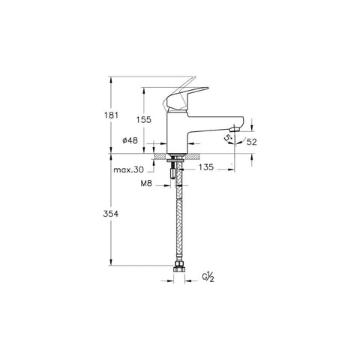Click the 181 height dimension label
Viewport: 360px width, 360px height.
coord(111,115)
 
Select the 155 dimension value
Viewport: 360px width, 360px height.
coord(144,120)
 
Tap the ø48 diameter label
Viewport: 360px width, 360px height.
coord(130,140)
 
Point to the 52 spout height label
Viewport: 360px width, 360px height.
coord(251,142)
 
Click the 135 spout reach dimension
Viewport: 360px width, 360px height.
coord(206,166)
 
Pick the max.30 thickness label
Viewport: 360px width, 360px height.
coord(129,169)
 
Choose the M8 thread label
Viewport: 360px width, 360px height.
coord(146,184)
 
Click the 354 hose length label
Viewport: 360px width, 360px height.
coord(111,214)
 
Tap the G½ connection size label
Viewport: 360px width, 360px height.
coord(208,277)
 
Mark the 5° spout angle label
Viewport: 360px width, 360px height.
coord(228,138)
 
